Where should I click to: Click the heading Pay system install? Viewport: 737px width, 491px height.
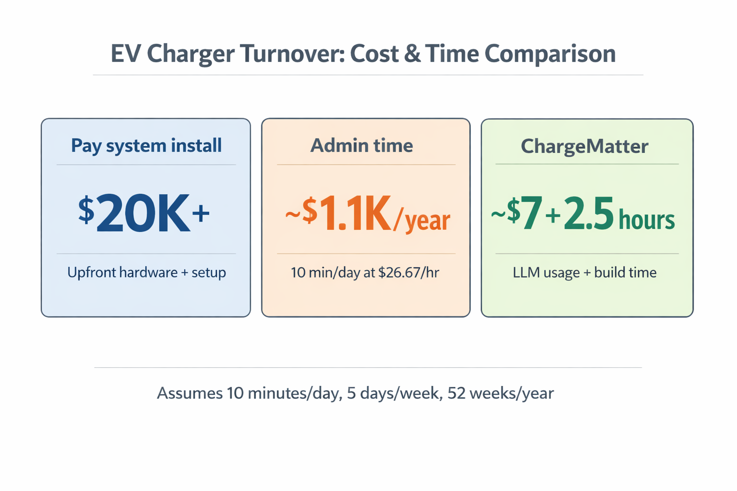pos(146,145)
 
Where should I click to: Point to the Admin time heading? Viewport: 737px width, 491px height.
pos(361,145)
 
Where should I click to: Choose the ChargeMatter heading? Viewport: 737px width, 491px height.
pos(584,146)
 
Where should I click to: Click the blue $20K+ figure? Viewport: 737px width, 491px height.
pos(144,214)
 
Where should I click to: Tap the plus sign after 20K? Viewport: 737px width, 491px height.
pos(201,213)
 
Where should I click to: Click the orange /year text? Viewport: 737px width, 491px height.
pos(422,220)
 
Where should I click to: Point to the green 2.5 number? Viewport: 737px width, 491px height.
pos(588,214)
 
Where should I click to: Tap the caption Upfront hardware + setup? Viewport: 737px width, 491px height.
pos(146,272)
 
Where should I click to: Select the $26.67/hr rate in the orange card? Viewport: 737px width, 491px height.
pos(408,272)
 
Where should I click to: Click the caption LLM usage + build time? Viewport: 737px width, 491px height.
pos(584,272)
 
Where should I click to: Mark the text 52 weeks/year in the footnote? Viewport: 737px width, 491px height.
pos(500,393)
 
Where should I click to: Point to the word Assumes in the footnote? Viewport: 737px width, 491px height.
pos(190,393)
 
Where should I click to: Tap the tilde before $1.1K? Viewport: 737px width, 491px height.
pos(292,214)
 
